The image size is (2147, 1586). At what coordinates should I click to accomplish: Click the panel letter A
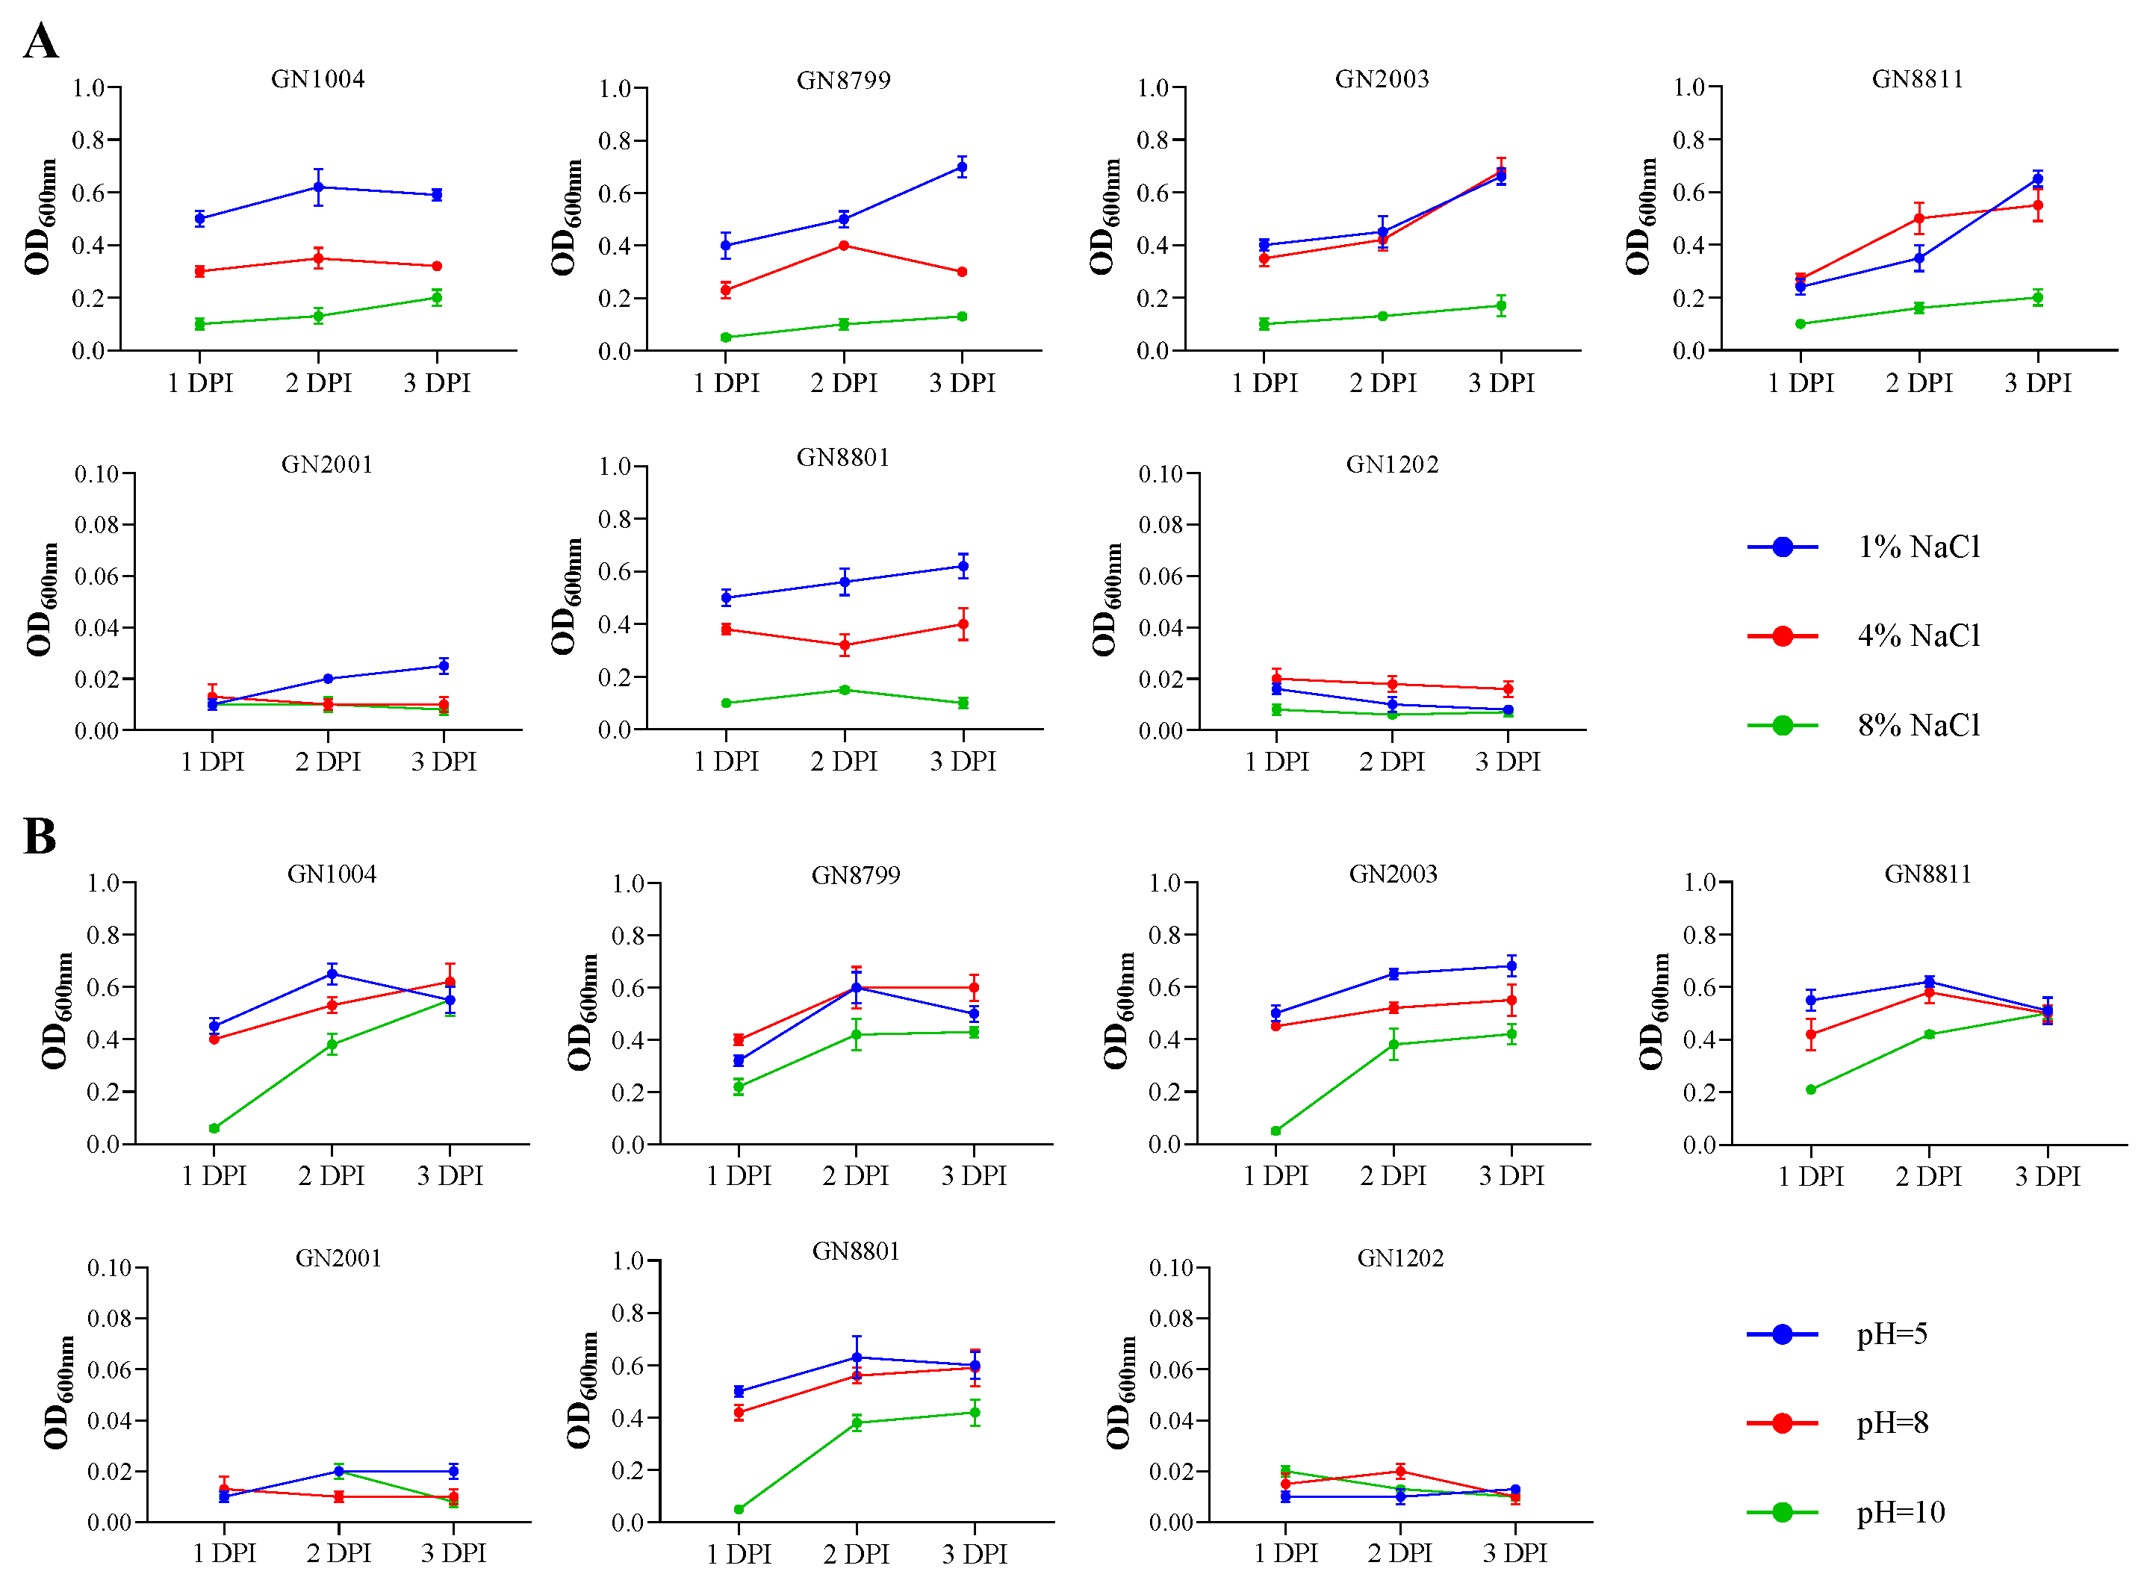40,43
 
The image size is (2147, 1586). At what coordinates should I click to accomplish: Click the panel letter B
40,836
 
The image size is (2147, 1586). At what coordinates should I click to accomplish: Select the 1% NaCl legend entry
1918,547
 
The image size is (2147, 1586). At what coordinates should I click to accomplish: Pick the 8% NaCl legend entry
1918,726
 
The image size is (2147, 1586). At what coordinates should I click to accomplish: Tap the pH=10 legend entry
1899,1513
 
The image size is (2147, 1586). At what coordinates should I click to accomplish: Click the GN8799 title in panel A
843,81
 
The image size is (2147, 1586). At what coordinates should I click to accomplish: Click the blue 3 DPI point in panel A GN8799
962,167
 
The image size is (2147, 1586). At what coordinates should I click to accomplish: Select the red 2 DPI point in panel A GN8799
844,246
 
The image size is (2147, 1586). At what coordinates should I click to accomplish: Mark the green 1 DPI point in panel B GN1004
214,1129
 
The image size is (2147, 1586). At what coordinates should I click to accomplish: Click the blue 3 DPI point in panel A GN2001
444,666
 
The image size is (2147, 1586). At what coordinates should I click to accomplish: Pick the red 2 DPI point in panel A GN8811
1919,219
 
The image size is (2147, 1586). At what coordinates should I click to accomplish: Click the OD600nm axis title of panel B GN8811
1650,1011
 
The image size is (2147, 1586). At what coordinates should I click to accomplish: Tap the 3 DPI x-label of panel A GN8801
963,762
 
